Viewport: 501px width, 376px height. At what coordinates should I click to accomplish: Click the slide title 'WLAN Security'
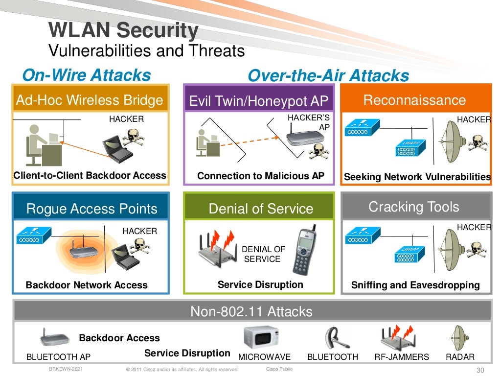click(x=123, y=31)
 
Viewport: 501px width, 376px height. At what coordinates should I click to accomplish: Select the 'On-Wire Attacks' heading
click(x=87, y=75)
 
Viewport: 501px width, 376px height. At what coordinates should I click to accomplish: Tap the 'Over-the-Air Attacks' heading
click(x=328, y=75)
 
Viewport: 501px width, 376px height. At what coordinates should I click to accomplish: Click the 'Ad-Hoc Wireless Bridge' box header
click(x=90, y=100)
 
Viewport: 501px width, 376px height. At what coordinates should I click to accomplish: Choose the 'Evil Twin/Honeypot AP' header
click(x=259, y=101)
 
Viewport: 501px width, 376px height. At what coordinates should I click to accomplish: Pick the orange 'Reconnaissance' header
click(x=414, y=100)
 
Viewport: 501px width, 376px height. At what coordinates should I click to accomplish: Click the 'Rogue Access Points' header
click(x=91, y=209)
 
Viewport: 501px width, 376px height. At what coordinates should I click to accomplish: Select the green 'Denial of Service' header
click(x=260, y=209)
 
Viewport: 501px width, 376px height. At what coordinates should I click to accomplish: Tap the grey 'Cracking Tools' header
click(x=413, y=207)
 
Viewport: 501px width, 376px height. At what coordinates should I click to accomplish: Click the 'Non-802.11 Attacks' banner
click(x=251, y=311)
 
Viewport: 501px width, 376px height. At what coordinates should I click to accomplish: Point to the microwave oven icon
click(x=261, y=337)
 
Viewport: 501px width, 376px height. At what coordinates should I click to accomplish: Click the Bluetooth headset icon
click(x=333, y=338)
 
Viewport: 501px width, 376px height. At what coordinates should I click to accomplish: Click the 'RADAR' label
click(x=459, y=357)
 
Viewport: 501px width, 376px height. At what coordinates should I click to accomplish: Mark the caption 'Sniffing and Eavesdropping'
click(x=415, y=285)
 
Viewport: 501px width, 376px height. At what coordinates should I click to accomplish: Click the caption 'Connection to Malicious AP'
click(x=260, y=176)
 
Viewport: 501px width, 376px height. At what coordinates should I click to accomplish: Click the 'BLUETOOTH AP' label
click(x=58, y=357)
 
